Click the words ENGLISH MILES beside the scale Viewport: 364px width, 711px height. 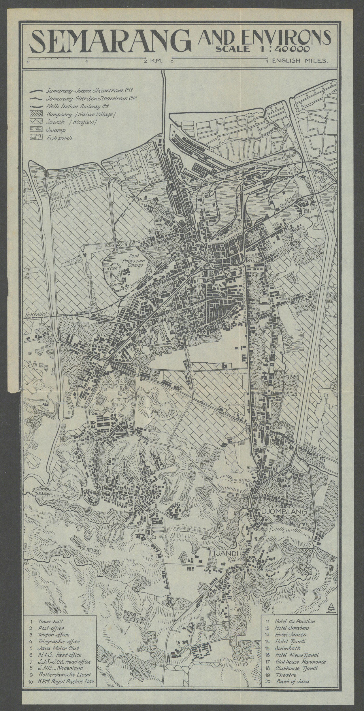[x=300, y=61]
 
